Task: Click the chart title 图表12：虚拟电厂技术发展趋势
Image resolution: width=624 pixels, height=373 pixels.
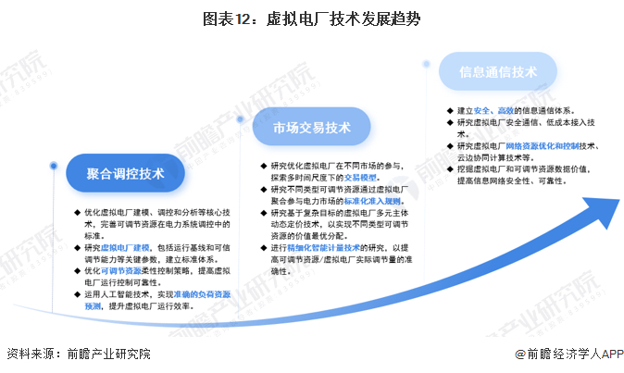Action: click(x=311, y=19)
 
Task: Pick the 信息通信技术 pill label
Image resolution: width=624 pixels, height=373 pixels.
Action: click(x=498, y=71)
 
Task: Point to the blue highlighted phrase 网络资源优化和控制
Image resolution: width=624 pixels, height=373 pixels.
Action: click(x=542, y=146)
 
